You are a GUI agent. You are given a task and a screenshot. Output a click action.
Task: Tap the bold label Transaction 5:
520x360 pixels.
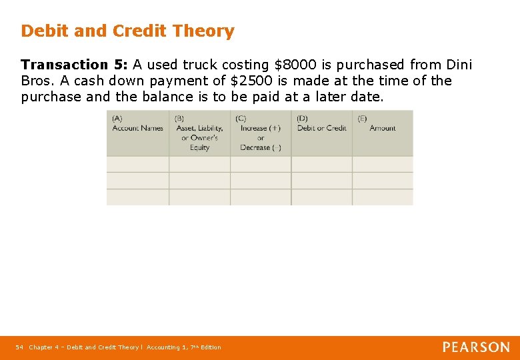click(x=74, y=65)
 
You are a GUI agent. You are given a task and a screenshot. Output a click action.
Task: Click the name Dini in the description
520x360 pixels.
click(x=459, y=65)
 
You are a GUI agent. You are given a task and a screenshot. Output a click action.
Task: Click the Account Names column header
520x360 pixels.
click(x=137, y=128)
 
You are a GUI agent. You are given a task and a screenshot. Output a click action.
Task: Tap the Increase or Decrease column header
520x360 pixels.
click(x=261, y=133)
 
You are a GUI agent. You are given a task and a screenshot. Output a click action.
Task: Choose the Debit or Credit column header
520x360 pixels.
click(x=321, y=128)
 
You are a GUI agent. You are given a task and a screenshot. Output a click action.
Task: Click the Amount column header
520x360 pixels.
click(x=383, y=128)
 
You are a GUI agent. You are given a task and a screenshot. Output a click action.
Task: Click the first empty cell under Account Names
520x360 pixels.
click(x=137, y=164)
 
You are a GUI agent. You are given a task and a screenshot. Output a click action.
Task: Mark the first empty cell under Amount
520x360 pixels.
click(x=383, y=164)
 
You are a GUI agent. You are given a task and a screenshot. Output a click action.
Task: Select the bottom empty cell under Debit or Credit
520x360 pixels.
click(x=321, y=197)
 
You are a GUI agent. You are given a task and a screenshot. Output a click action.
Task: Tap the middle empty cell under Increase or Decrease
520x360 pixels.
click(x=261, y=181)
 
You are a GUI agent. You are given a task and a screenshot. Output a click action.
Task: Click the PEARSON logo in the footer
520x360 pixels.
click(x=476, y=347)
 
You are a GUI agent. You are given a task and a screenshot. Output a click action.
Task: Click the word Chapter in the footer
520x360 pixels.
click(x=41, y=347)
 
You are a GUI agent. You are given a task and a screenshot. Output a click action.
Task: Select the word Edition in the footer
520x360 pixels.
click(x=211, y=347)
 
